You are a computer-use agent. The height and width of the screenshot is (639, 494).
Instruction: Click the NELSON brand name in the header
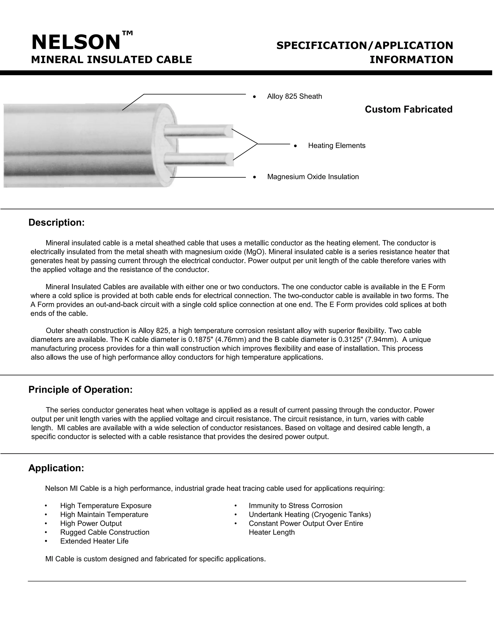pos(76,42)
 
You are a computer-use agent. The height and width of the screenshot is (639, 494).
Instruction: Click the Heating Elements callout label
pos(336,146)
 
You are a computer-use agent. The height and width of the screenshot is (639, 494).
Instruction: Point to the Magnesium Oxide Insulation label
pos(313,177)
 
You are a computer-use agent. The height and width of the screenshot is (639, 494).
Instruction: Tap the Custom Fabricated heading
pos(408,109)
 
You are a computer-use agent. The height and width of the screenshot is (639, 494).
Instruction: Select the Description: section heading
pos(56,223)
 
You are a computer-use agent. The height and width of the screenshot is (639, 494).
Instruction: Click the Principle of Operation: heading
pos(81,390)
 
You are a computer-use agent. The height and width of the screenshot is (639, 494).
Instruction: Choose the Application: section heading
pos(56,468)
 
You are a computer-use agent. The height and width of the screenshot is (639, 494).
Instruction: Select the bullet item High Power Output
pos(91,523)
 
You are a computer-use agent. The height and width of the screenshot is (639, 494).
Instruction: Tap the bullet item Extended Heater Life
pos(94,541)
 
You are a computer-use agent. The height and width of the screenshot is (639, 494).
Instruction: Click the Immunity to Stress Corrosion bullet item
pos(295,506)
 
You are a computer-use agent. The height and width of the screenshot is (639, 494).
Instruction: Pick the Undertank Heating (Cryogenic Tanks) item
pos(310,514)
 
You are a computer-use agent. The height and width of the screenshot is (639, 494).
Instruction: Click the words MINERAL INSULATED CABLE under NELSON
pos(111,60)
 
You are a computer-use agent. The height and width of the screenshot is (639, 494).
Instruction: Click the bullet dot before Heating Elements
pos(295,146)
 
